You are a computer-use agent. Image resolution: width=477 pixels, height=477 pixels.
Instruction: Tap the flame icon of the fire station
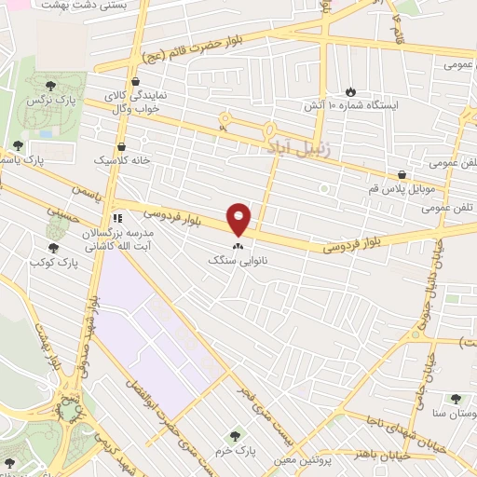coord(350,91)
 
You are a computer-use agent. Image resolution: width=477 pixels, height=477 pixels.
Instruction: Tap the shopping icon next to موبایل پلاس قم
coord(402,173)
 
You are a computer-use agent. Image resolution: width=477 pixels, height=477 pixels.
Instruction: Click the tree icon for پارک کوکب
coord(52,248)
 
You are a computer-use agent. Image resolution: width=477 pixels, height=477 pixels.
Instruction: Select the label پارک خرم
coord(235,447)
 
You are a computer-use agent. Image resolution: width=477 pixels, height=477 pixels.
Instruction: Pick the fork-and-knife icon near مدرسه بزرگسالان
coord(117,208)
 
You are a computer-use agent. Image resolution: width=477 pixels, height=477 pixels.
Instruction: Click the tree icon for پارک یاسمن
coord(18,145)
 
